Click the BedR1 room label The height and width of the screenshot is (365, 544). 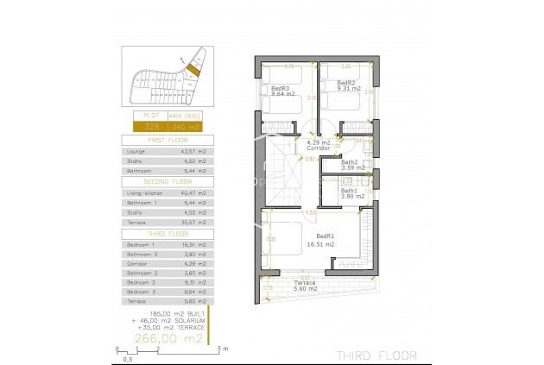326,236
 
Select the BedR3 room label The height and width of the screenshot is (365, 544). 279,88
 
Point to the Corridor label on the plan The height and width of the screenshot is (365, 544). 319,148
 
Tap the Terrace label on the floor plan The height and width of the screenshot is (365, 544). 304,282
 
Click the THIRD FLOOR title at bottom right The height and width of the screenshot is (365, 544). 376,355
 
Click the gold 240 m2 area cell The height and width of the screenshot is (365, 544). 187,126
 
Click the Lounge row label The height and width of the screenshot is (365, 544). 136,151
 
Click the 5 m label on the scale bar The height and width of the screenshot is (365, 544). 222,350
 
